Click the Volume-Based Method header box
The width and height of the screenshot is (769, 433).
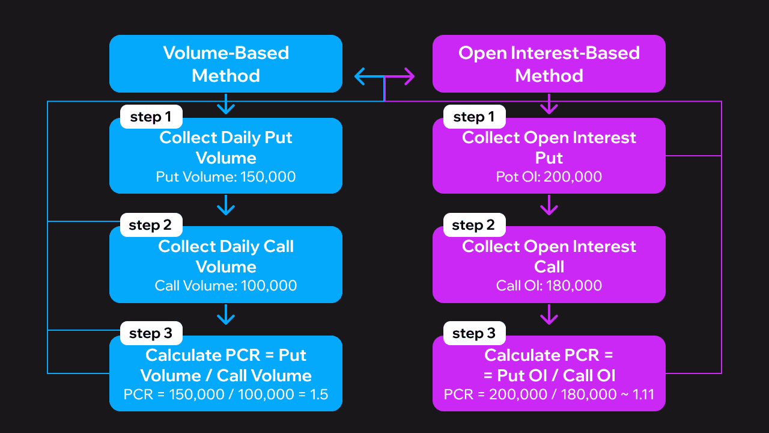point(225,64)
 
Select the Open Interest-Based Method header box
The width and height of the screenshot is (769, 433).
point(549,64)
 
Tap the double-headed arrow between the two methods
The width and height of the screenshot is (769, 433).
point(384,76)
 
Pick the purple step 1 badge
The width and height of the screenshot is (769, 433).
point(474,117)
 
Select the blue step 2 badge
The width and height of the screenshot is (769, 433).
point(151,225)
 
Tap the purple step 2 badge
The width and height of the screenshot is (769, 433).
point(474,225)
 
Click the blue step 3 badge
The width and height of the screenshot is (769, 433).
point(151,333)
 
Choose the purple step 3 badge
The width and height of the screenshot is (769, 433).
point(474,333)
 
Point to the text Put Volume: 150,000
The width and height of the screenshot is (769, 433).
point(225,177)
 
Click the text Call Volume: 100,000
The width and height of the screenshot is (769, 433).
point(225,286)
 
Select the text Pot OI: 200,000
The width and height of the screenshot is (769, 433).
point(549,177)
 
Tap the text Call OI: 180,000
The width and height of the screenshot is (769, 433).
point(549,286)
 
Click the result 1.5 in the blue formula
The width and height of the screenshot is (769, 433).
point(317,395)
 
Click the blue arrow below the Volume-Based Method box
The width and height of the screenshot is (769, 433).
point(225,105)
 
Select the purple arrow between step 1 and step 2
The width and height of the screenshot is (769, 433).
point(549,207)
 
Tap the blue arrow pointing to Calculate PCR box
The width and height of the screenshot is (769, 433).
point(225,315)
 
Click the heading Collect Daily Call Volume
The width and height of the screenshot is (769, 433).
point(225,257)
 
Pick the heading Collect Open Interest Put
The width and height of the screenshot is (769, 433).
point(549,148)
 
